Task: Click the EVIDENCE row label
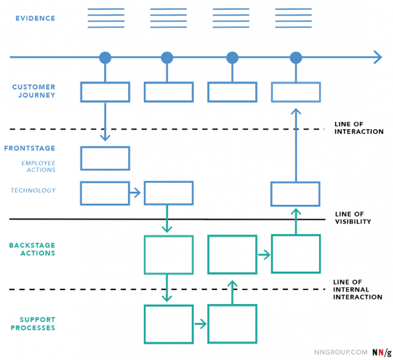pos(36,18)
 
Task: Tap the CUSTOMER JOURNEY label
pos(34,91)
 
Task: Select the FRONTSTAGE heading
pos(30,148)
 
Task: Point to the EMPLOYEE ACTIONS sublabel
pos(38,166)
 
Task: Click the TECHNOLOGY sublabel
pos(33,191)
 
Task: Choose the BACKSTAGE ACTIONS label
pos(32,249)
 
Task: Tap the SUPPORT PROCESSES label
pos(33,324)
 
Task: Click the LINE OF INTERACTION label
pos(359,128)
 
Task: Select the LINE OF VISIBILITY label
pos(353,218)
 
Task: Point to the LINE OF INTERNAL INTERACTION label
pos(357,289)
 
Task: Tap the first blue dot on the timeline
pos(105,57)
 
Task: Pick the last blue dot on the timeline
pos(296,57)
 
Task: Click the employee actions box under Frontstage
pos(105,147)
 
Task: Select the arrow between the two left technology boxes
pos(135,193)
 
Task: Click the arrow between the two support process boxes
pos(200,324)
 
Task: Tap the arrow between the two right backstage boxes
pos(264,255)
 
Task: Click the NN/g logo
pos(382,352)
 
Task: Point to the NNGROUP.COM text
pos(341,352)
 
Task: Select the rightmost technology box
pos(295,182)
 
